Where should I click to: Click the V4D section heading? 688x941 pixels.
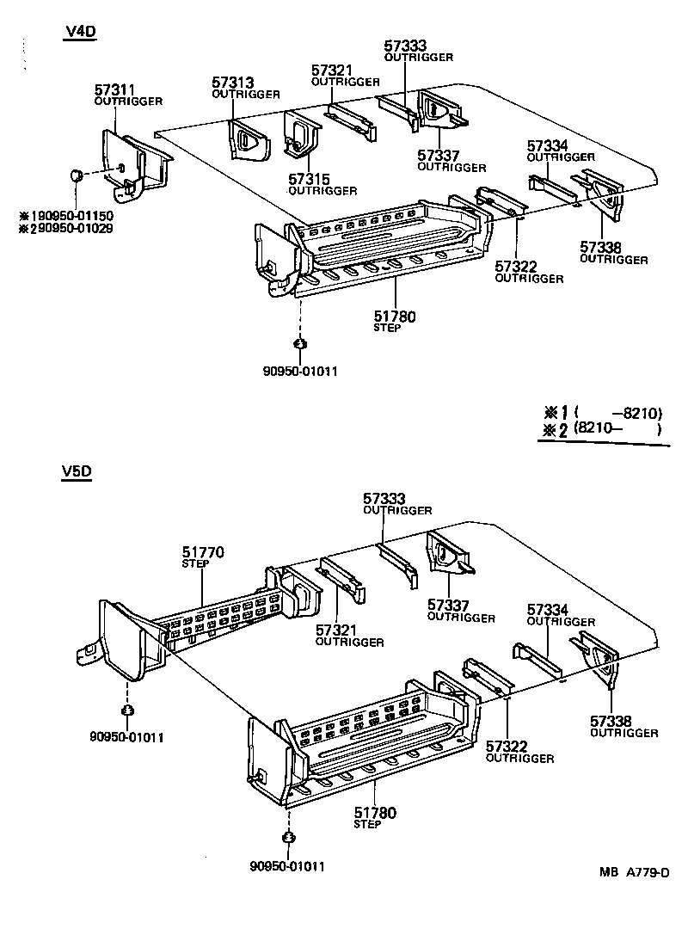coord(80,33)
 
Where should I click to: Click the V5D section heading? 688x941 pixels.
coord(77,471)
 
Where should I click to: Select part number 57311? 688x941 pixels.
coord(115,89)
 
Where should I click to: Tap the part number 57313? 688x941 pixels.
coord(233,83)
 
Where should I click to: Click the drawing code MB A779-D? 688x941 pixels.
coord(634,872)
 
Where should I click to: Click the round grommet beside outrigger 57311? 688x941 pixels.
coord(76,175)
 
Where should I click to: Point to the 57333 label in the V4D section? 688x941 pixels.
coord(406,46)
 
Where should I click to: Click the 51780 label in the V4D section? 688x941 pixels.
coord(395,317)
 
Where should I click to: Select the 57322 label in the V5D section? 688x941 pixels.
coord(507,747)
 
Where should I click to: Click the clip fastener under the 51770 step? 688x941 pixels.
coord(127,710)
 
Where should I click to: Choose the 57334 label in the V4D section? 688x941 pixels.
coord(548,145)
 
